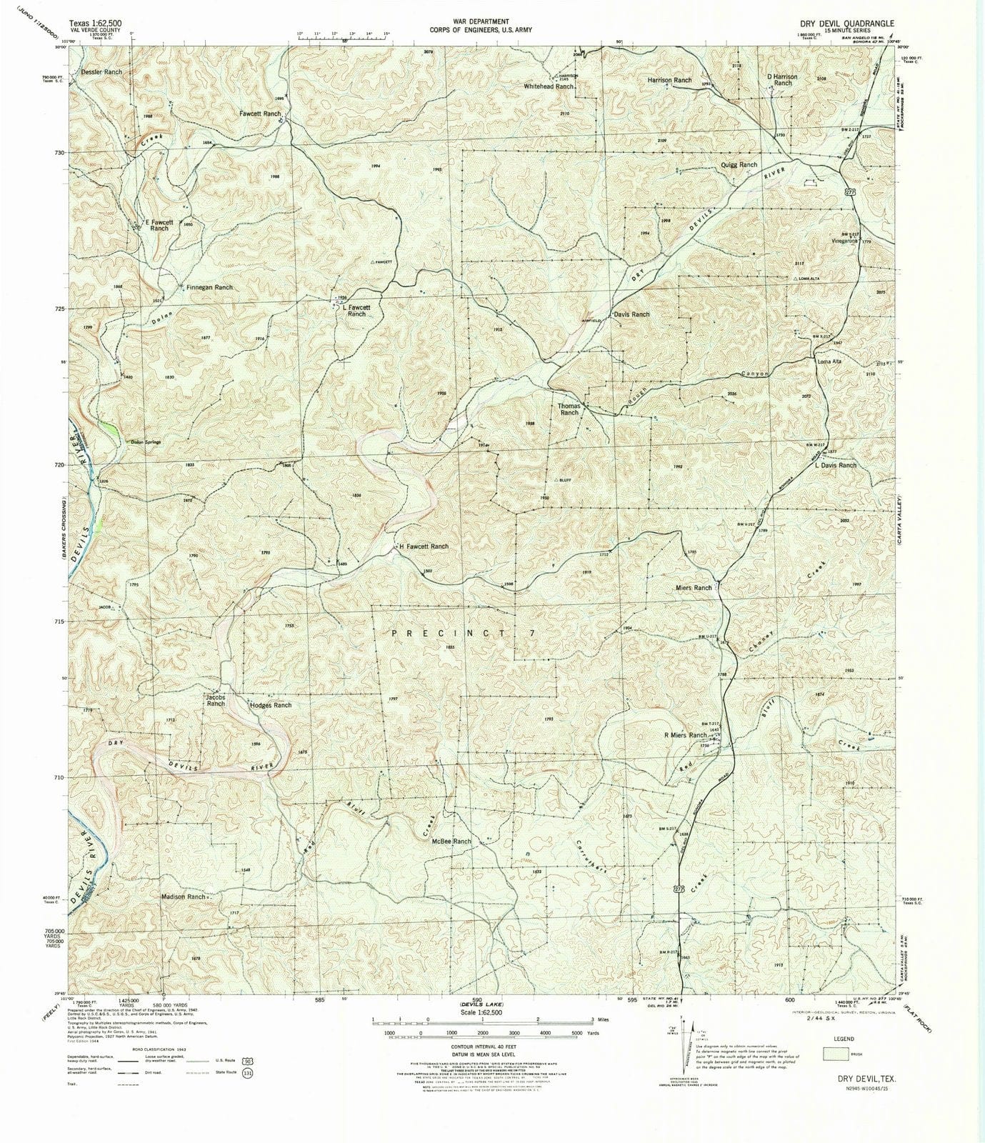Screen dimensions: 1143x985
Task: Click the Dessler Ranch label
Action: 101,72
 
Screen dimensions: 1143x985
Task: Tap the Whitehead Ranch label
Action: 549,86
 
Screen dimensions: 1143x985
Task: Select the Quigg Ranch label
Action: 738,165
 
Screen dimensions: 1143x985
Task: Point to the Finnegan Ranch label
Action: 209,287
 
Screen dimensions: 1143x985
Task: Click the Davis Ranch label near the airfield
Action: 631,314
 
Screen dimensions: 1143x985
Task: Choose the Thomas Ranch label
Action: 569,409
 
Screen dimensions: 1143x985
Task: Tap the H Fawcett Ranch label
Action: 424,546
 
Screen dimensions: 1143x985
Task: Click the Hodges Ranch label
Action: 271,705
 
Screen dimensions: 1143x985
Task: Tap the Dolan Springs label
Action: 145,442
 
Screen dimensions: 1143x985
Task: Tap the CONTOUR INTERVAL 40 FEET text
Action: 483,1048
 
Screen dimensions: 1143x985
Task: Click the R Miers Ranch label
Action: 685,735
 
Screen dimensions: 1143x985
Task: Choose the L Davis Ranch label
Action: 835,465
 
